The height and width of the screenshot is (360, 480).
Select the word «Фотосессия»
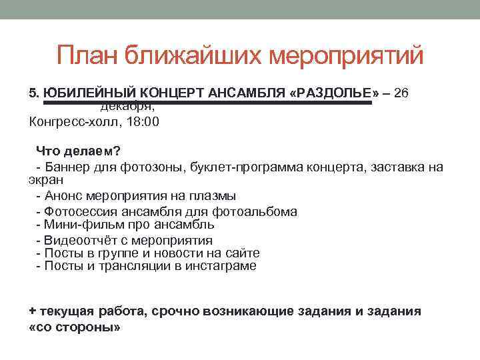78,212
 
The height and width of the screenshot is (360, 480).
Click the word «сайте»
243,253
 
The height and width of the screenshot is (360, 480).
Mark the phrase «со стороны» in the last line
76,328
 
